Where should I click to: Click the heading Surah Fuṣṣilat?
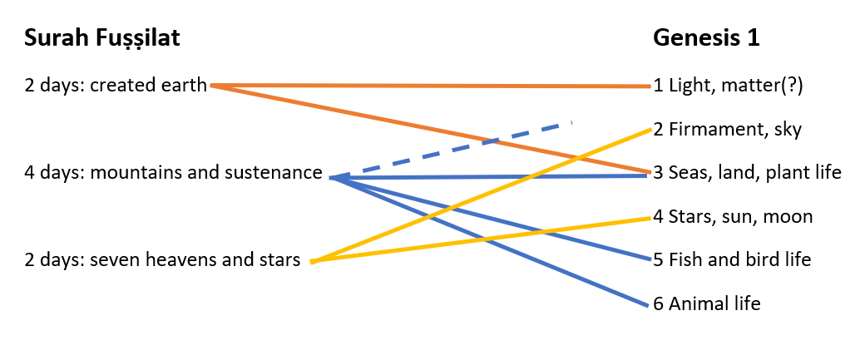pos(102,38)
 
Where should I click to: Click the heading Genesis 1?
pos(706,38)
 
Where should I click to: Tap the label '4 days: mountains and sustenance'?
pos(173,173)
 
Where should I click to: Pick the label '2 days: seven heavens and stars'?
pos(162,261)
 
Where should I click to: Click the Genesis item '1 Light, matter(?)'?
pos(728,86)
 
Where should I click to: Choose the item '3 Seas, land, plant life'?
pos(747,173)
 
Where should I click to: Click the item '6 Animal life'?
pos(707,304)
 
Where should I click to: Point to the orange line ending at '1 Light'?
pos(432,86)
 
